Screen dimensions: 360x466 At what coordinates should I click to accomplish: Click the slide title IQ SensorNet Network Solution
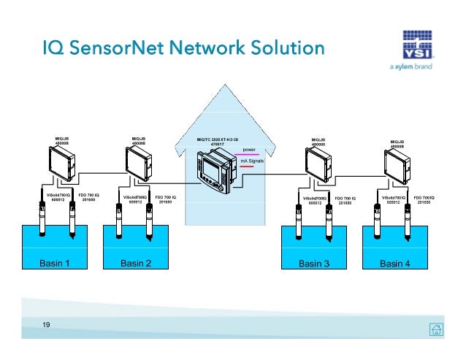click(x=182, y=49)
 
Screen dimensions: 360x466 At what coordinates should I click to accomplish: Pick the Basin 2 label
click(x=136, y=264)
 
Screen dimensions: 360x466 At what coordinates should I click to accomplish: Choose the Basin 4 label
click(x=395, y=264)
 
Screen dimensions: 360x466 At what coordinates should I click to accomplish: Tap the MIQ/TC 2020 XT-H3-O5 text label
click(x=218, y=141)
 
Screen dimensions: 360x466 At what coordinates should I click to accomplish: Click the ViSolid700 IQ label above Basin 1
click(x=53, y=198)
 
